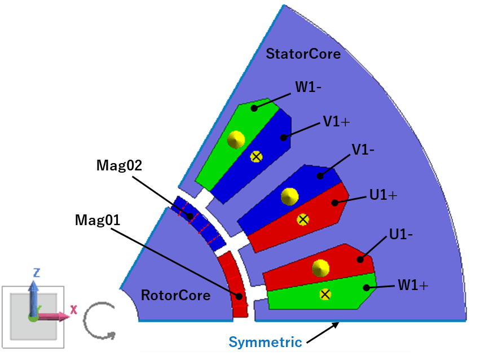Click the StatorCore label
coord(303,54)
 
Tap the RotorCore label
coord(175,295)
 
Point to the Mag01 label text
coord(98,219)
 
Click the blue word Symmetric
coord(265,342)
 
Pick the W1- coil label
coord(309,87)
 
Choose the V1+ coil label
coord(336,122)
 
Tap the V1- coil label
coord(364,150)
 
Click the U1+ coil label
coord(384,195)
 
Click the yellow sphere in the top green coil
coord(235,138)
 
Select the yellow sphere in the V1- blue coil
coord(289,196)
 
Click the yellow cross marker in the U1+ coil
coord(303,219)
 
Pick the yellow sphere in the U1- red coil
coord(321,267)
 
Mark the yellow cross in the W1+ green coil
coord(325,294)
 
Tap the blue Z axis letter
coord(36,273)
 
